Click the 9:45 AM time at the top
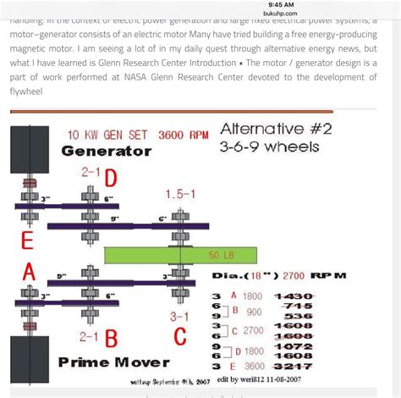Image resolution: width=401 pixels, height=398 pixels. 283,4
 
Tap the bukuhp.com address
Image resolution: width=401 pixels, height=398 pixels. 283,14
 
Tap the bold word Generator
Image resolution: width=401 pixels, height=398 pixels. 107,152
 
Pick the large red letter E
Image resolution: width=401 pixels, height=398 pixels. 27,240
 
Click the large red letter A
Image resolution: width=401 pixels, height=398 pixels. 29,273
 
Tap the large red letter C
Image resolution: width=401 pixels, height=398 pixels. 180,338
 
